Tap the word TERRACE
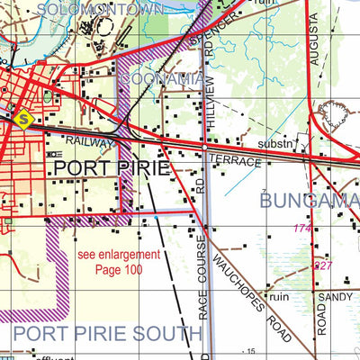(235, 161)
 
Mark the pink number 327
(324, 266)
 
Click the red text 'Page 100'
(119, 269)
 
